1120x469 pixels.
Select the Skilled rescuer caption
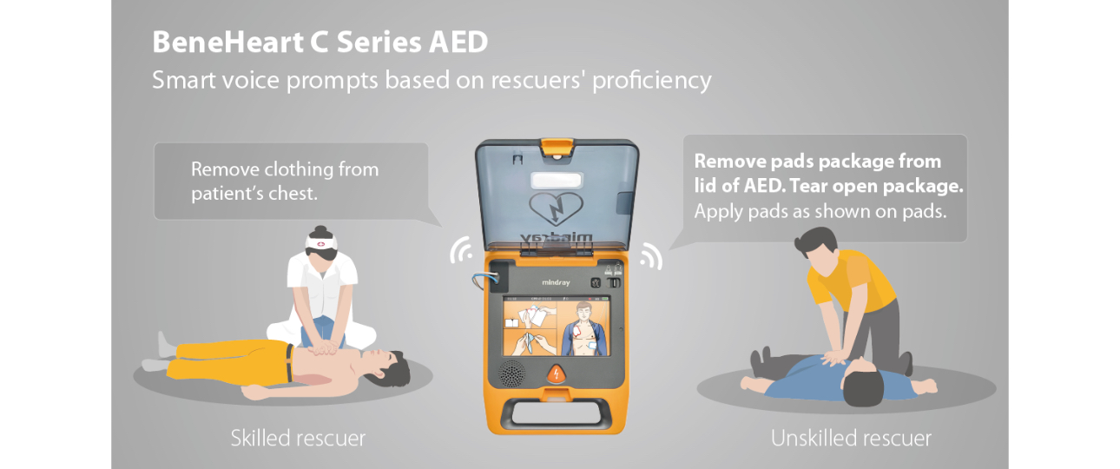[x=298, y=438]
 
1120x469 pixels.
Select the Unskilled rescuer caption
[x=851, y=439]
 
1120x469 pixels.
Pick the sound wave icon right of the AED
[x=650, y=255]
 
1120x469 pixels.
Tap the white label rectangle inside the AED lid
[x=556, y=180]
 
